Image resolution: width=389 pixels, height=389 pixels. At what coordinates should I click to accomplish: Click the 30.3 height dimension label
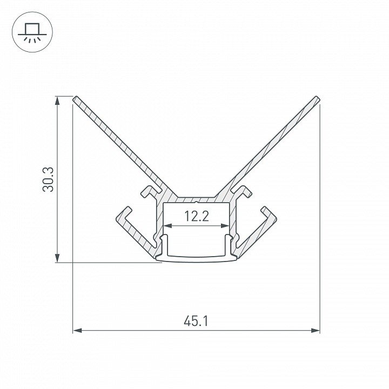[x=48, y=179]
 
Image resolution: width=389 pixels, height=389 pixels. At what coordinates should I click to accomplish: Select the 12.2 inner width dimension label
[x=197, y=216]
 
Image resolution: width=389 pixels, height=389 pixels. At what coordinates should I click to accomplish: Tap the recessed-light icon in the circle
[x=32, y=32]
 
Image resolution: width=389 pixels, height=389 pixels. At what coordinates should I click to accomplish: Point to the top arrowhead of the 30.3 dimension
[x=57, y=100]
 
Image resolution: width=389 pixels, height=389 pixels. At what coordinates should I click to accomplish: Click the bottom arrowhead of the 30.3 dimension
[x=57, y=258]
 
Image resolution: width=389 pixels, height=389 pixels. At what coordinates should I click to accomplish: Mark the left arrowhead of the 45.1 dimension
[x=77, y=331]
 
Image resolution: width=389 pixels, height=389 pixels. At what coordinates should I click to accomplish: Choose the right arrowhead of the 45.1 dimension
[x=316, y=331]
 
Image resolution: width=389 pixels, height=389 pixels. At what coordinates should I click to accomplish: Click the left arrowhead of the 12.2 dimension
[x=168, y=225]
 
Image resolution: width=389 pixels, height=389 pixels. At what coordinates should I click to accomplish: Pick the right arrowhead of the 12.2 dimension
[x=225, y=225]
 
